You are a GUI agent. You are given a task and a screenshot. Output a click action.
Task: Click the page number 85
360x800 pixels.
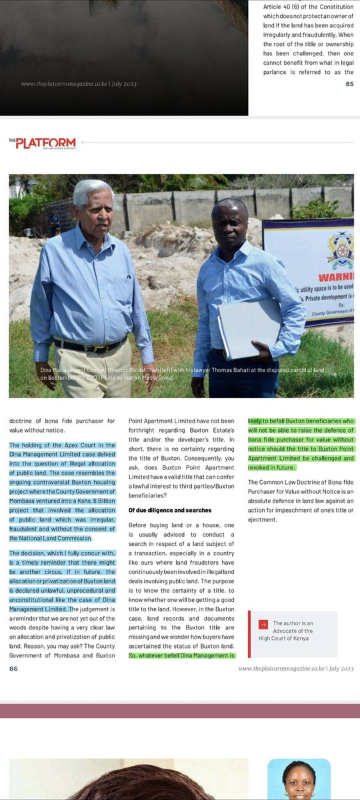pos(349,84)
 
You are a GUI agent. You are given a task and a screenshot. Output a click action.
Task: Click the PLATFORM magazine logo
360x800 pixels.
pos(42,143)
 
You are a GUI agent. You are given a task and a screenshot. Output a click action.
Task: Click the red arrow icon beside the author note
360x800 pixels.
pos(263,624)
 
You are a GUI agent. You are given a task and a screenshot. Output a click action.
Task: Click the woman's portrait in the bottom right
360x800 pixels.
pos(299,779)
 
